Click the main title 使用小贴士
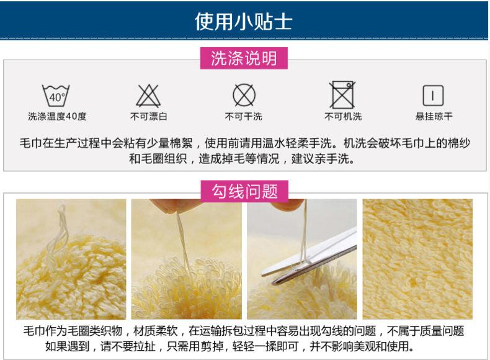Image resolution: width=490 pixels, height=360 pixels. click(244, 21)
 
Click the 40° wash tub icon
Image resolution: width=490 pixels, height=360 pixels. click(56, 96)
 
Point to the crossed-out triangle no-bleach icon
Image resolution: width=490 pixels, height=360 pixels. click(148, 96)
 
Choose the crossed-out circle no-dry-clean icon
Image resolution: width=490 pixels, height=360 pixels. click(244, 96)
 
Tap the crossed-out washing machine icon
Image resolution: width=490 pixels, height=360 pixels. click(342, 95)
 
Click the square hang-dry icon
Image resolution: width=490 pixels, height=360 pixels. click(433, 96)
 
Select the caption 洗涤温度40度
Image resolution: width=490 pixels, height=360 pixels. click(57, 117)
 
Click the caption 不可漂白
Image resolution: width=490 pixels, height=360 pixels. click(148, 117)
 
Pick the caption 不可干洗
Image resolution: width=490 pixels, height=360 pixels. click(244, 117)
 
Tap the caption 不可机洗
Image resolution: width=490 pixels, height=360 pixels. click(342, 117)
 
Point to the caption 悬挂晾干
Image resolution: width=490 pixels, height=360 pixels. click(434, 117)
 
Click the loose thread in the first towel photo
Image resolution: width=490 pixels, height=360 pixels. click(61, 230)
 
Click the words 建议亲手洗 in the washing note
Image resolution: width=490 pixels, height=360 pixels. click(326, 159)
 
